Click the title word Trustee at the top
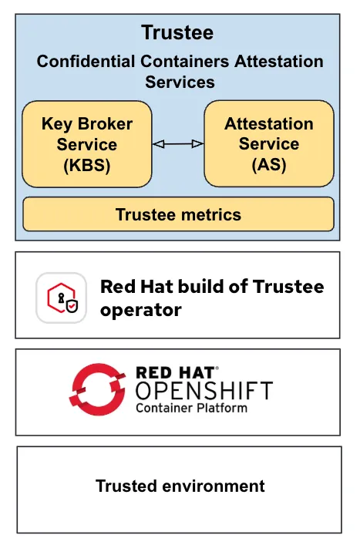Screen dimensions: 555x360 pos(177,32)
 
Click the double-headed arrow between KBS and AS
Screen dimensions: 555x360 pos(178,144)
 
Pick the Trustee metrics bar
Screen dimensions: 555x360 pos(178,214)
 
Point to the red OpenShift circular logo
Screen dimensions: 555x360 pos(98,388)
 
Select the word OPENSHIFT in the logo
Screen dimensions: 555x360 pos(204,390)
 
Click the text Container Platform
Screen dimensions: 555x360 pos(191,408)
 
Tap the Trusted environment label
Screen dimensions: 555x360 pos(180,486)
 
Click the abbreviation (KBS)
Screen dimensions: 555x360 pos(86,165)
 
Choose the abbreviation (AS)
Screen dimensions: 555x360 pos(269,165)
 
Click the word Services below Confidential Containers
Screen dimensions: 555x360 pos(180,82)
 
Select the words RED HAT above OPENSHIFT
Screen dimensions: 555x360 pos(177,372)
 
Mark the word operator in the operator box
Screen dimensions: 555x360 pos(140,311)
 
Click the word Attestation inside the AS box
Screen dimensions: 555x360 pos(269,124)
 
